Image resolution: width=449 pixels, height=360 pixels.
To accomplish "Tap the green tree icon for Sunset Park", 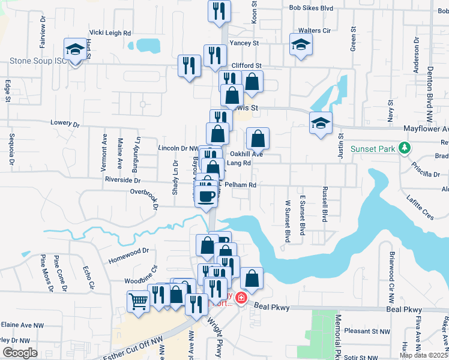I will coord(405,148).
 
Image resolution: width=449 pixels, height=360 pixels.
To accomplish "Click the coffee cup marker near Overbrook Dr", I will coord(206,196).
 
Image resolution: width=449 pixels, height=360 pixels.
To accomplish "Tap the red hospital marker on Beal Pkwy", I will coord(241,298).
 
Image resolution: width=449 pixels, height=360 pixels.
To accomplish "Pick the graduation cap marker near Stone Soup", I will coord(76,50).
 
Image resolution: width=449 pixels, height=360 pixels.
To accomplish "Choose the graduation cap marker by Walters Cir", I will coord(301,44).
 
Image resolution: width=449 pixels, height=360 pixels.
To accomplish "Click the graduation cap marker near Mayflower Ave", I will coord(321,123).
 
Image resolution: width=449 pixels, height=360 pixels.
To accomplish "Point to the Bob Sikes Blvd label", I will coord(311,8).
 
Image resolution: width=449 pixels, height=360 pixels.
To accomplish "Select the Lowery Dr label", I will coord(65,123).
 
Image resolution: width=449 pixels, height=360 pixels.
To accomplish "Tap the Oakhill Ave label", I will coord(247,154).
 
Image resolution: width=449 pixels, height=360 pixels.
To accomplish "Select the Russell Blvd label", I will coord(324,204).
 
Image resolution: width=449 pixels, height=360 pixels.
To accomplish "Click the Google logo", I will coord(20,353).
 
